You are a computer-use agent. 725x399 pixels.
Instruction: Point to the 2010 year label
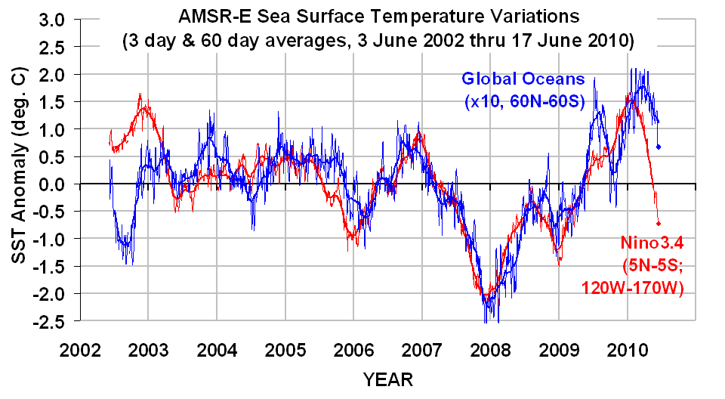626,351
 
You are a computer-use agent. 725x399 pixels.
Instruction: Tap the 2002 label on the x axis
79,351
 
